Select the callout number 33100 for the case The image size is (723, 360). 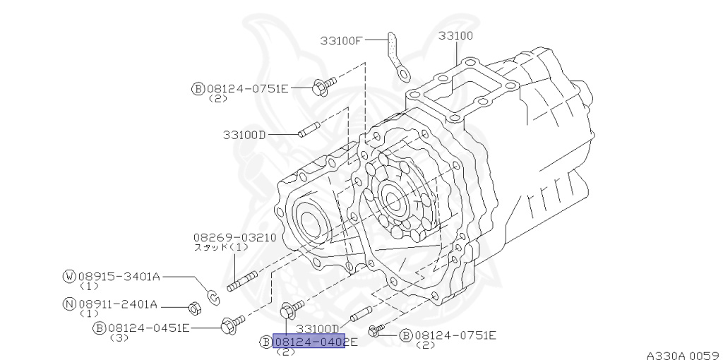pos(455,35)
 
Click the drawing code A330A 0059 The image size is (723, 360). pos(681,354)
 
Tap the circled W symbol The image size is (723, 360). pos(68,276)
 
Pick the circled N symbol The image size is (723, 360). pos(68,304)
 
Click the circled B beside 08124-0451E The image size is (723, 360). pos(100,328)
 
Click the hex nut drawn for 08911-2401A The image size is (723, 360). pos(191,308)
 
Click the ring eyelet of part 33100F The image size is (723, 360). pos(403,70)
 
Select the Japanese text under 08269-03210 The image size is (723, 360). pos(221,248)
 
